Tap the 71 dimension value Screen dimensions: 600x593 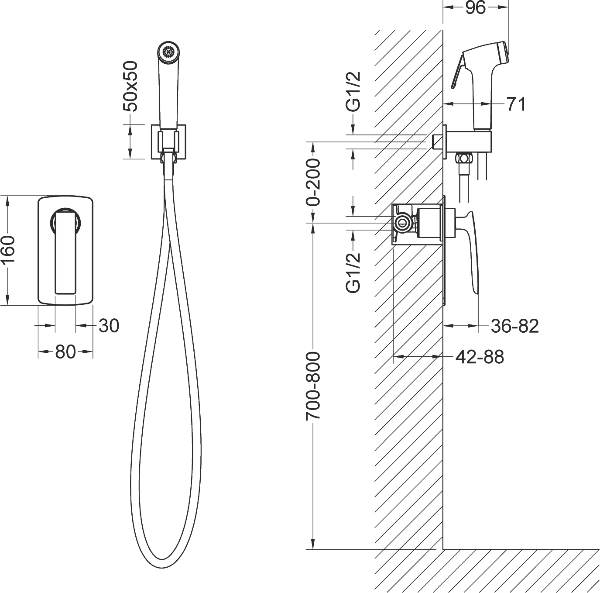pos(516,104)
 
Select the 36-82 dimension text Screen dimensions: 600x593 pos(514,326)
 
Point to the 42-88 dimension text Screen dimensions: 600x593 pos(480,357)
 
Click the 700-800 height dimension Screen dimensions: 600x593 pos(313,387)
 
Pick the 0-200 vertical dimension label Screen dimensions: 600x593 pos(313,182)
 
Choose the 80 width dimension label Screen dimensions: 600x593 pos(65,352)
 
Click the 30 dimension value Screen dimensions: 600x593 pos(109,326)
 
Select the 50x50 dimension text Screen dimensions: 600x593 pos(130,86)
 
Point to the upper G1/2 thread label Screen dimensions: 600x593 pos(353,92)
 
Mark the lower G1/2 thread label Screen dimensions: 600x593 pos(353,272)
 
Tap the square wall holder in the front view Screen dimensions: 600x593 pos(168,142)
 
